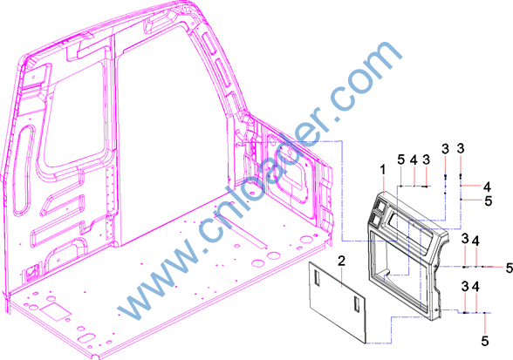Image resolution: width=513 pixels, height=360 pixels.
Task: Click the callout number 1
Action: pyautogui.click(x=382, y=170)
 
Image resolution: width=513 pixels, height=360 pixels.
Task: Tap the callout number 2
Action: pyautogui.click(x=341, y=261)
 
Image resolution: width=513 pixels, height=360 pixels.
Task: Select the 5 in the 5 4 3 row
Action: pyautogui.click(x=401, y=160)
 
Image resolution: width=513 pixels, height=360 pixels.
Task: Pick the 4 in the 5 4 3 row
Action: pyautogui.click(x=414, y=160)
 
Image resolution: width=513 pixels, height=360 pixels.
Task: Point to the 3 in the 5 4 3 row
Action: pyautogui.click(x=426, y=160)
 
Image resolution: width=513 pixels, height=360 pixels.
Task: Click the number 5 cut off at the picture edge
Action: pyautogui.click(x=510, y=268)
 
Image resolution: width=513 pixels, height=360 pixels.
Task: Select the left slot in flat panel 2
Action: pyautogui.click(x=317, y=279)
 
